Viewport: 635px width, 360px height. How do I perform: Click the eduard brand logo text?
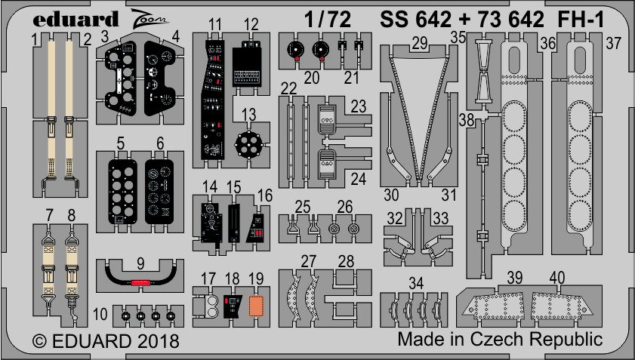pos(75,19)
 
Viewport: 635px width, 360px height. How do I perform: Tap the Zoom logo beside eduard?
pos(149,19)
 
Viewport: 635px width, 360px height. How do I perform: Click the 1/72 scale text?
pos(327,19)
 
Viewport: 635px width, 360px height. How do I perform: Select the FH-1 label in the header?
pos(581,19)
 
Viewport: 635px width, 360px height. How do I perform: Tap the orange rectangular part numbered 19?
pos(256,306)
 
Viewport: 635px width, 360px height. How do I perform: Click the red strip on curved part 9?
pos(140,282)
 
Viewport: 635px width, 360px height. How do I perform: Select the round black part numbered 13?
pos(248,144)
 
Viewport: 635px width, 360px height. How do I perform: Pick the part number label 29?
pos(420,42)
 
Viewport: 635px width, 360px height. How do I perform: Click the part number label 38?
pos(467,120)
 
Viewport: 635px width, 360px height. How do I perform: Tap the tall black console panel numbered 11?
pos(214,100)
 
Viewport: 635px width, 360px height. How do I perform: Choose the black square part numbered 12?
pos(248,66)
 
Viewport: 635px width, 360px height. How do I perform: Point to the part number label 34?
pos(415,283)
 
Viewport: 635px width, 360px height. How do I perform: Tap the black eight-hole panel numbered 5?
pos(123,192)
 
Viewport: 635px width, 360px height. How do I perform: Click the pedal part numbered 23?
pos(328,119)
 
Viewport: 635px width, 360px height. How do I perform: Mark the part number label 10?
pos(100,314)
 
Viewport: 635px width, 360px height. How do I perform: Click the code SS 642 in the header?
pos(415,19)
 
